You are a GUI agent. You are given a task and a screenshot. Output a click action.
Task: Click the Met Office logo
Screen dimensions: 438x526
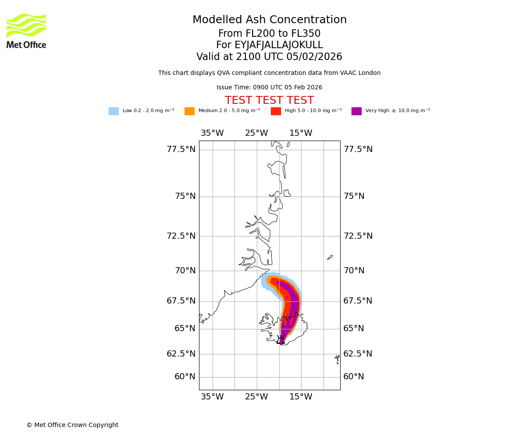coord(26,31)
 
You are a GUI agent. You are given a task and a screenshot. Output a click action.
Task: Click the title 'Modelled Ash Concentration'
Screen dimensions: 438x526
coord(270,20)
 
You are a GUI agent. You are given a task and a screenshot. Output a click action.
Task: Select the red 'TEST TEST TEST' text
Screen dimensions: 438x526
coord(269,101)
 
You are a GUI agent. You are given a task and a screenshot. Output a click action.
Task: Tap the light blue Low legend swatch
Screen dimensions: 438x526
coord(114,111)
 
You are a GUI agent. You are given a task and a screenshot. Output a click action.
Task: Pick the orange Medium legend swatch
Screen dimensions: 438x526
coord(189,111)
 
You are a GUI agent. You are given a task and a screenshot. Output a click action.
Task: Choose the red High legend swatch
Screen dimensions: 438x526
coord(276,111)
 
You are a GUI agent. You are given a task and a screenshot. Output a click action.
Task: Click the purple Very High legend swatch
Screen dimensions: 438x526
coord(356,111)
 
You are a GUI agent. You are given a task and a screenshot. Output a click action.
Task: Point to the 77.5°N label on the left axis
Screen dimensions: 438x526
coord(181,149)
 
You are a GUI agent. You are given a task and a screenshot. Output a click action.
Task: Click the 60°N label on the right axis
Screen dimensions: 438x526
coord(354,377)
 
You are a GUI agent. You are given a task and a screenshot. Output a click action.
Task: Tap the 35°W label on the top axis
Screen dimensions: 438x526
coord(212,133)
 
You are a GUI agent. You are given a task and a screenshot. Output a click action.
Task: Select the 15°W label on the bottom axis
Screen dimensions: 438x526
coord(301,397)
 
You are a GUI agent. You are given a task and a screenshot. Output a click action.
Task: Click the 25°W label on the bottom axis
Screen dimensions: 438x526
coord(256,397)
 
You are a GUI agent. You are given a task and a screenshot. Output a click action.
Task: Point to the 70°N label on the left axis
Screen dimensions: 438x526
coord(185,271)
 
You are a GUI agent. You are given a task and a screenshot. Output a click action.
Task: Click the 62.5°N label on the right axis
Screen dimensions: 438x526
coord(358,354)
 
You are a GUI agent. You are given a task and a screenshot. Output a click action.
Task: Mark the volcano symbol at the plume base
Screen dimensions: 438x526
coord(281,339)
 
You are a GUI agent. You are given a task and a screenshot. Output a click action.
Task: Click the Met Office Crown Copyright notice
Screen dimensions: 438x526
coord(72,425)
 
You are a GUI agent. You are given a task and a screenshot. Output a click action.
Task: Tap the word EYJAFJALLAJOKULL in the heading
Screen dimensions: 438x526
coord(270,45)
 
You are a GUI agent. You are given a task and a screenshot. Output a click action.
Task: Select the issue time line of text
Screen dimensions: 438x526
coord(269,88)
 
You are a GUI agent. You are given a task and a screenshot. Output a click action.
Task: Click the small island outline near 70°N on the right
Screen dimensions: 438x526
coord(330,258)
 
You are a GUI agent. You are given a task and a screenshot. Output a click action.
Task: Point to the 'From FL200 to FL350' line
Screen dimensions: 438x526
coord(270,34)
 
